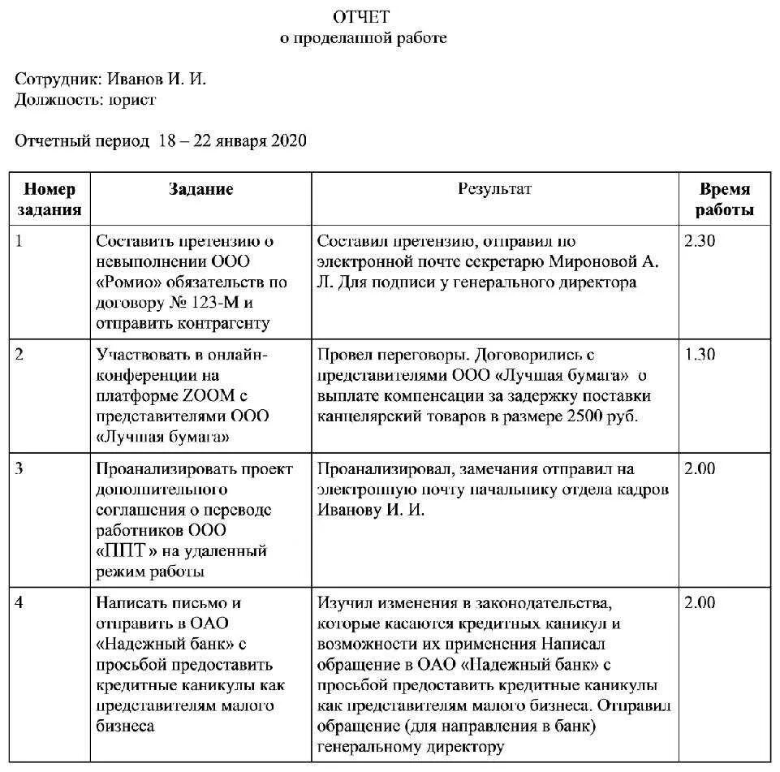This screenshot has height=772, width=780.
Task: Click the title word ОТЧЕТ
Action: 363,17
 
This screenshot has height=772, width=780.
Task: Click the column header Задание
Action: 200,189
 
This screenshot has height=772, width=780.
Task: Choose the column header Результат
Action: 494,189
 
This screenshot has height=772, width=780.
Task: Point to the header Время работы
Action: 725,199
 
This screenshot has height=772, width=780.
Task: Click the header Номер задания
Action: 50,199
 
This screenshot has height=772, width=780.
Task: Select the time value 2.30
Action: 700,241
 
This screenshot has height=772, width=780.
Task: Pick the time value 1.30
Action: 700,355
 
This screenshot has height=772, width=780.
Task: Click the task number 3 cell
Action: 20,469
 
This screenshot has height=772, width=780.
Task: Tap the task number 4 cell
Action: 20,603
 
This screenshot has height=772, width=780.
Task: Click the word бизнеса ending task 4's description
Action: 125,727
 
